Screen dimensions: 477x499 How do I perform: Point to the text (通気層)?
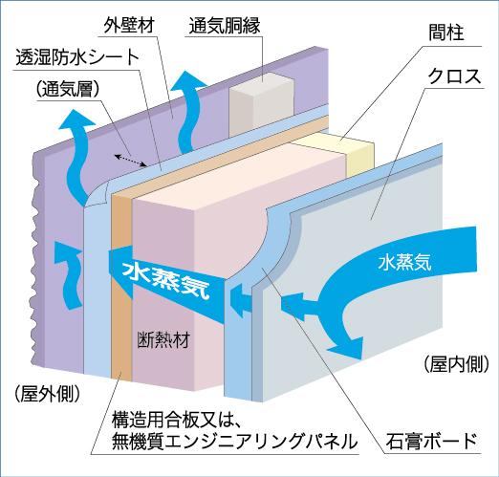(72, 91)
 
